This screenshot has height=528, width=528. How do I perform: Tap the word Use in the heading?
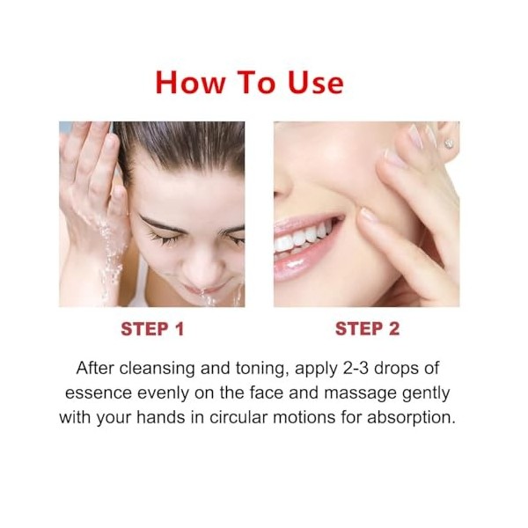click(x=314, y=82)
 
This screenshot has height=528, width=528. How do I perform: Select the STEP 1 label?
click(x=152, y=329)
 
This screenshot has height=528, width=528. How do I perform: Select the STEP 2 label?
click(x=367, y=329)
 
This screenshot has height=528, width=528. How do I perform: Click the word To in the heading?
click(x=255, y=82)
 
